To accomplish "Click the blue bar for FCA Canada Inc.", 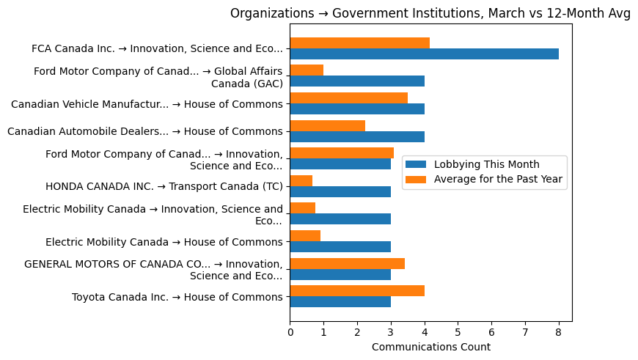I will tap(424, 54).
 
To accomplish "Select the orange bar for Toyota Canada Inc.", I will tap(357, 290).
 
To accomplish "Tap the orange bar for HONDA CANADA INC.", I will tap(301, 180).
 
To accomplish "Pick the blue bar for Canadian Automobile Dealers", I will tap(357, 136).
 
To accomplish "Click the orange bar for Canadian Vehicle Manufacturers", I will tap(348, 98).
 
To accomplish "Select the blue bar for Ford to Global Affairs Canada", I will tap(357, 81).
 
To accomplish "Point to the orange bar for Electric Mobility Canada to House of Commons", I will tap(305, 235).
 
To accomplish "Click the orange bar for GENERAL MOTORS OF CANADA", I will tap(347, 263).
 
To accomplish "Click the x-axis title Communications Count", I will tap(430, 347).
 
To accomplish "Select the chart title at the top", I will tap(430, 13).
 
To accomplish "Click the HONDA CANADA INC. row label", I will tap(164, 186).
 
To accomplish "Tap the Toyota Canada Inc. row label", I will tap(177, 297).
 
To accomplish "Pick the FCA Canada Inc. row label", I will tap(157, 48).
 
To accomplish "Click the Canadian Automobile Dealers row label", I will tap(144, 131).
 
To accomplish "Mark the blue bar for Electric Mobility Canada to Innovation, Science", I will tap(340, 219).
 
